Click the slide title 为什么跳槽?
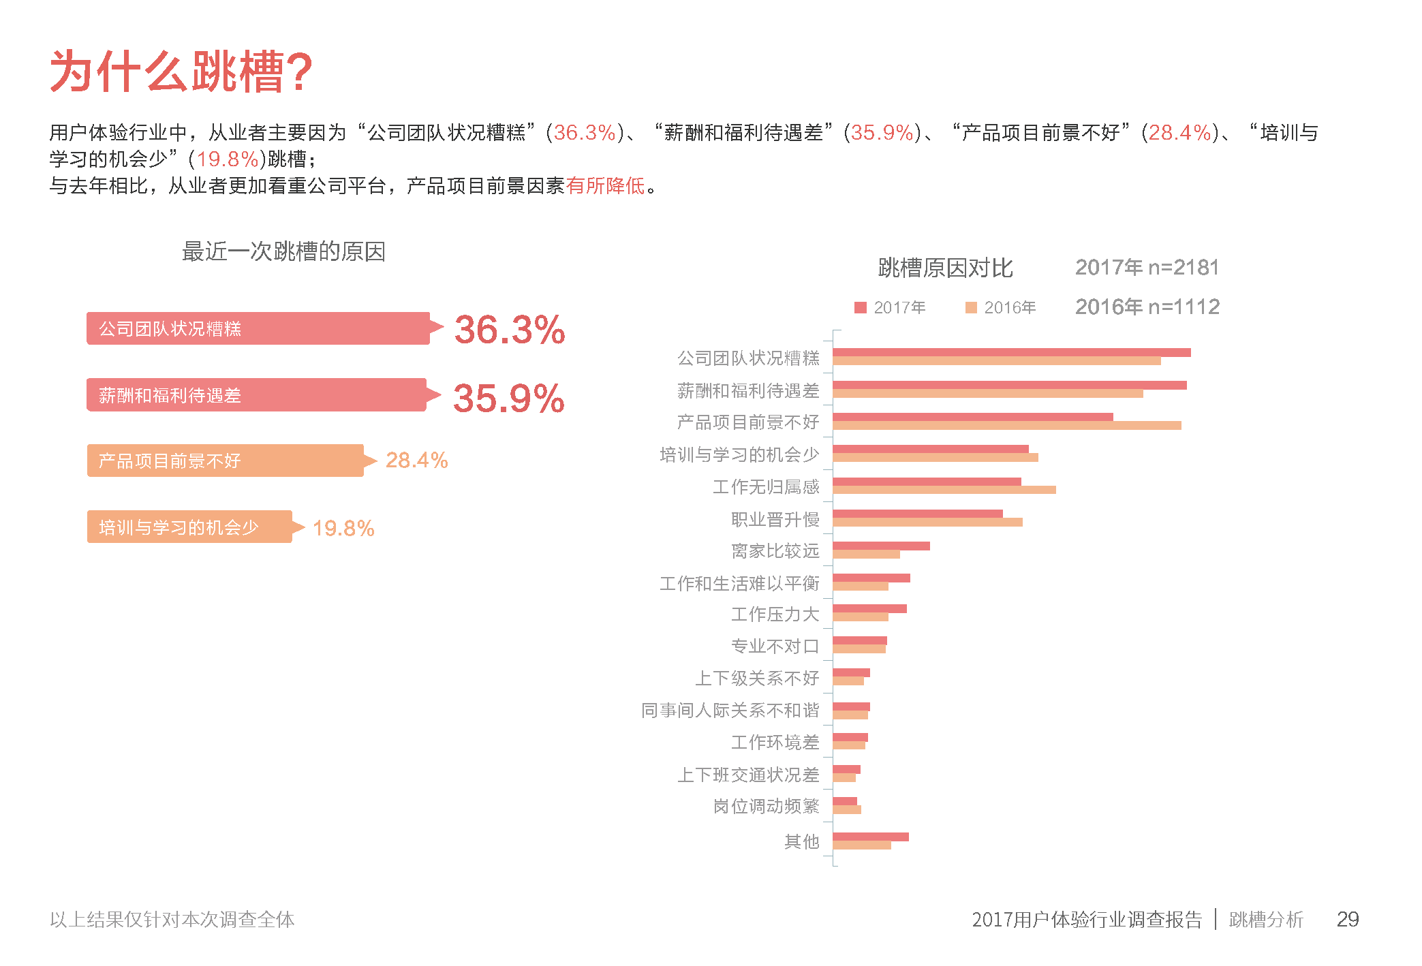coord(181,72)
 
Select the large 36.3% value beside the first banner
coord(510,330)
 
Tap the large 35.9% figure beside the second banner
coord(509,398)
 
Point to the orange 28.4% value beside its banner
coord(416,461)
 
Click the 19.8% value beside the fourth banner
coord(343,528)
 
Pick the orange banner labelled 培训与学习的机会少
coord(189,527)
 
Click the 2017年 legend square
coord(860,308)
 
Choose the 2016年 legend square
coord(971,308)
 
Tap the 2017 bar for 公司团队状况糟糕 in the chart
coord(1011,352)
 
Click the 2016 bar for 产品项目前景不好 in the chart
coord(1006,426)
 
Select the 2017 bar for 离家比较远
coord(881,546)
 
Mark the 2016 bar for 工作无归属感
coord(944,490)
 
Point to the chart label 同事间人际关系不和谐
coord(730,711)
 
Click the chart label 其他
coord(801,842)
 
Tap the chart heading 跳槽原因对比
coord(945,268)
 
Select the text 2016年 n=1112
coord(1147,307)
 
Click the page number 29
coord(1347,919)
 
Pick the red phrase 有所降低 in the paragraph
coord(605,185)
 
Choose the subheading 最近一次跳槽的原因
coord(283,251)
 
